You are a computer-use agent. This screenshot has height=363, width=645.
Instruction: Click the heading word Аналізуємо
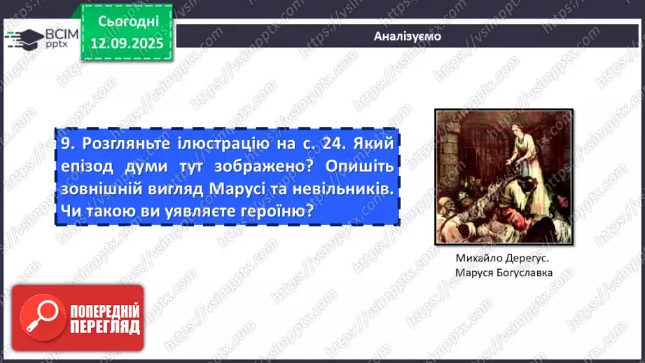[408, 36]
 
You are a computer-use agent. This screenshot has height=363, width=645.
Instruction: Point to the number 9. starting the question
[67, 144]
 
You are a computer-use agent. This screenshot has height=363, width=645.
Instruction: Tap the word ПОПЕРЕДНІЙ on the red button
[104, 310]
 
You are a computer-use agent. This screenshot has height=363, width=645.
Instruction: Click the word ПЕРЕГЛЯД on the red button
[104, 327]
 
